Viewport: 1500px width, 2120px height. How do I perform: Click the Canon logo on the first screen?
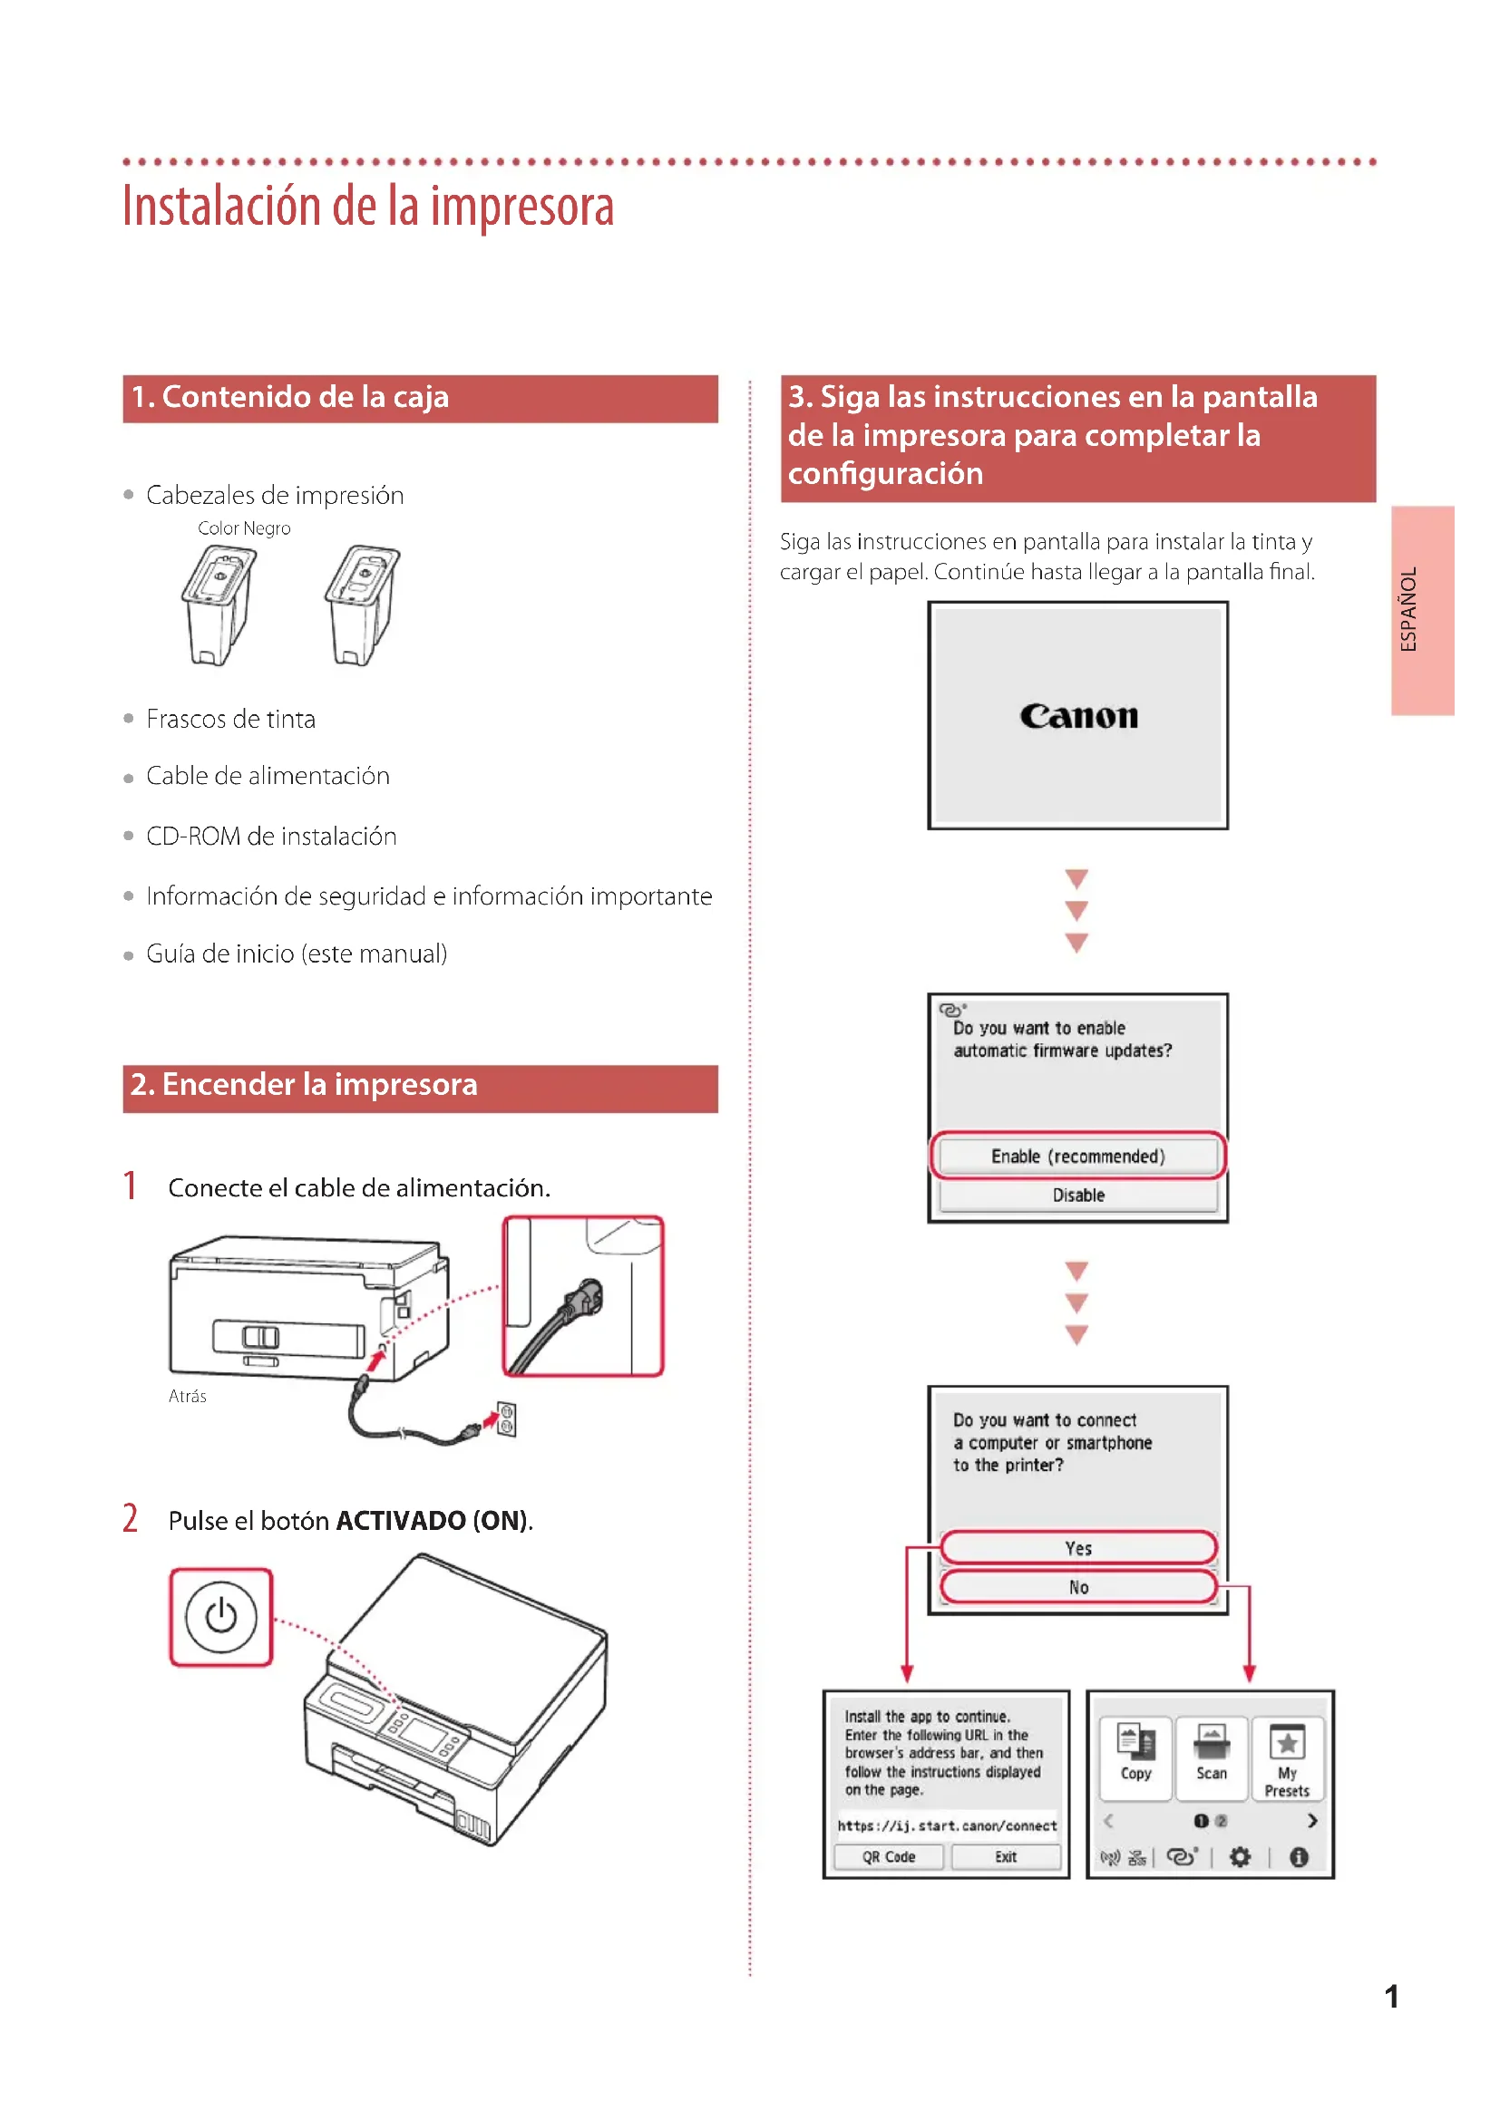pos(1078,716)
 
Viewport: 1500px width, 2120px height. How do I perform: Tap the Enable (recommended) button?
pos(1078,1156)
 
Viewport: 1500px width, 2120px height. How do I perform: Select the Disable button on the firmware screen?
pos(1078,1195)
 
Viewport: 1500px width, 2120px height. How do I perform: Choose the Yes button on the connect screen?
pos(1078,1548)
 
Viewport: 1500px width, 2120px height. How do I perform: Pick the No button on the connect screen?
pos(1078,1587)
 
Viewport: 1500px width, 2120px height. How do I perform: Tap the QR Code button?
pos(888,1857)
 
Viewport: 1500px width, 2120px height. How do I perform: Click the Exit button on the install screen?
pos(1005,1857)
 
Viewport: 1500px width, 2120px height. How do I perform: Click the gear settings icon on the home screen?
pos(1240,1857)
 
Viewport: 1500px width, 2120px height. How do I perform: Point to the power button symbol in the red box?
pos(220,1617)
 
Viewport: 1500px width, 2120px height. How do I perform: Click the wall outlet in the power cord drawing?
pos(506,1419)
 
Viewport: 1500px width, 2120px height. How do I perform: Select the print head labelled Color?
pos(218,605)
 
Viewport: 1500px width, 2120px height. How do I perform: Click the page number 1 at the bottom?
pos(1391,1998)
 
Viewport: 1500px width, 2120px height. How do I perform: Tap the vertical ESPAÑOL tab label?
pos(1408,609)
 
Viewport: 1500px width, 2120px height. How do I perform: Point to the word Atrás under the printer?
pos(188,1396)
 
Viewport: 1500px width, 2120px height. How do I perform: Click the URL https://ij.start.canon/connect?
pos(947,1825)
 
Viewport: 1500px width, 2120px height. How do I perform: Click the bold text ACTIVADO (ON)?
pos(433,1521)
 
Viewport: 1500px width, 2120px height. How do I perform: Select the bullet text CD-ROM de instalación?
pos(271,837)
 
